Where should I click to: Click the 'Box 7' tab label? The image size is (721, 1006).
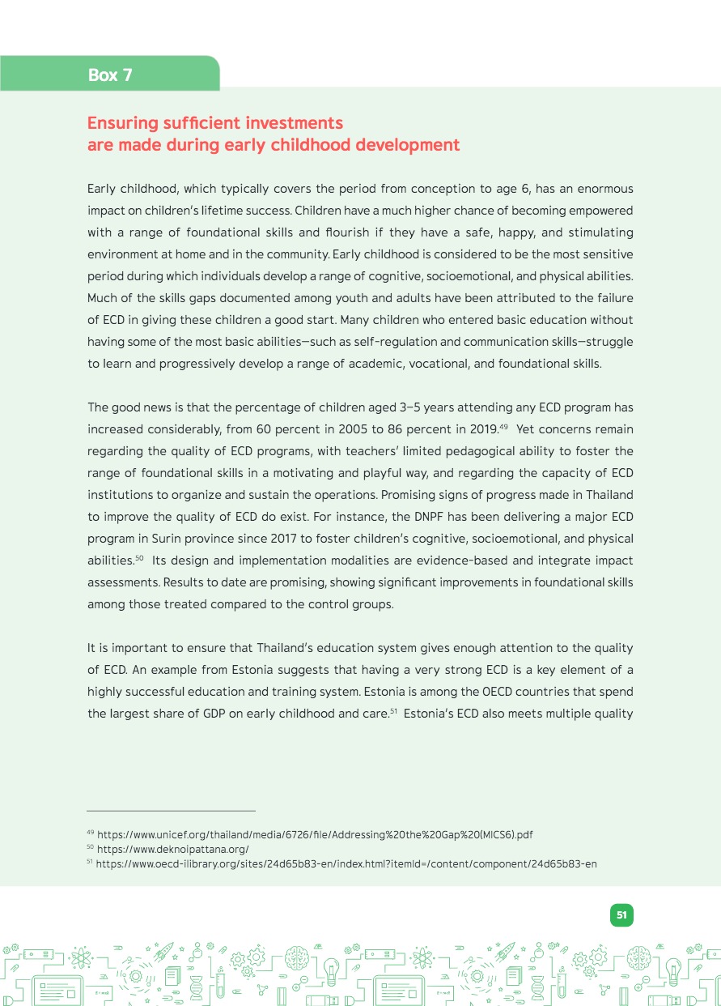110,75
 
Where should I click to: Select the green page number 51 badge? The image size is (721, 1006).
621,915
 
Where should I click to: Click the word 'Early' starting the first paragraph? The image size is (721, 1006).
103,189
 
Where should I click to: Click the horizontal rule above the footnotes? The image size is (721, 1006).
171,810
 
